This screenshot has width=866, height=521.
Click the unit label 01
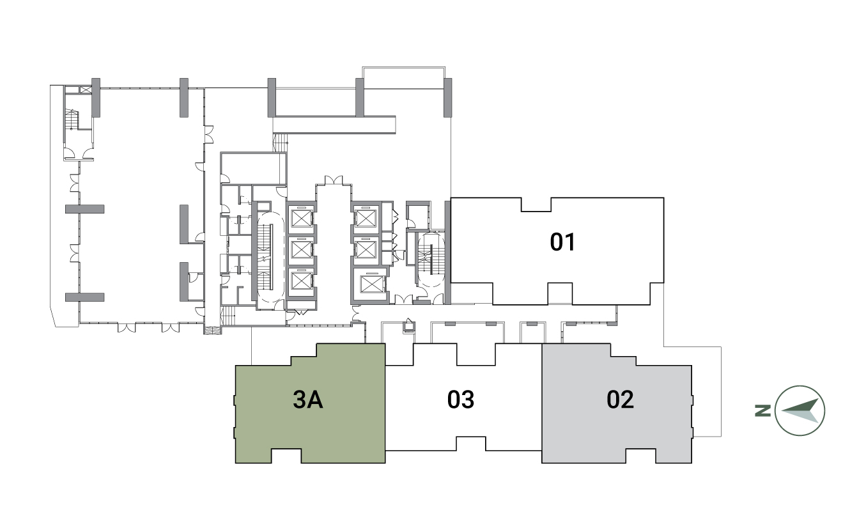(x=562, y=242)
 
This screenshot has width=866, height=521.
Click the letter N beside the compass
(x=762, y=410)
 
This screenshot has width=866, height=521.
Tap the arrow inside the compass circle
(x=800, y=410)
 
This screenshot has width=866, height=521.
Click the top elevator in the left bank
(x=302, y=219)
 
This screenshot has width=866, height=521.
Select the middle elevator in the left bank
(x=302, y=249)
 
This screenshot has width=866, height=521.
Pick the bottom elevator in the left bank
(x=302, y=281)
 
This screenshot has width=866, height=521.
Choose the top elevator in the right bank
(x=365, y=219)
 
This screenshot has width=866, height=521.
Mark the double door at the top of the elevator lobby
(x=334, y=180)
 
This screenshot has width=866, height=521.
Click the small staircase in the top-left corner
(x=72, y=120)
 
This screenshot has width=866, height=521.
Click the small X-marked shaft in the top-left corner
(x=86, y=89)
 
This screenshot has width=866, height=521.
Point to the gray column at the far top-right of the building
(x=447, y=97)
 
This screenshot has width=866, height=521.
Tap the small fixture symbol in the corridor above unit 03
(x=408, y=325)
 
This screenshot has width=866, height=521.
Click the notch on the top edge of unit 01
(x=536, y=205)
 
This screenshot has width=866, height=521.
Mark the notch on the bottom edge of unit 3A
(x=286, y=456)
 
